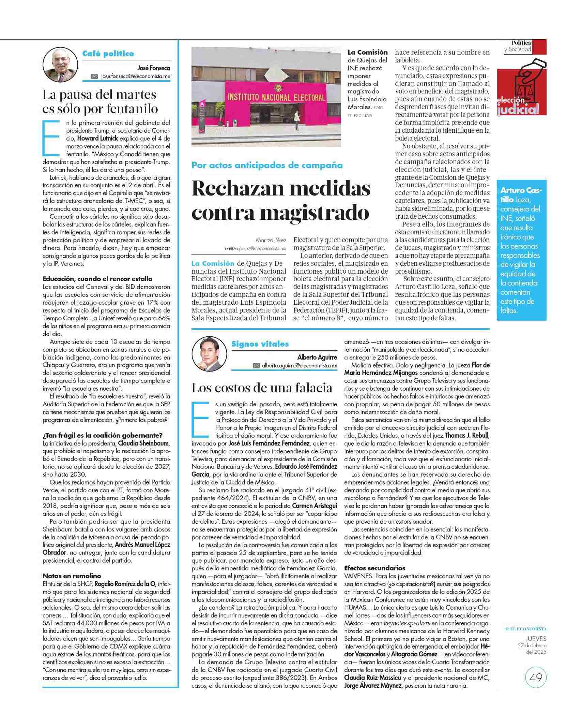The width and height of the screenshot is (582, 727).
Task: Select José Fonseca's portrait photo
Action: [58, 65]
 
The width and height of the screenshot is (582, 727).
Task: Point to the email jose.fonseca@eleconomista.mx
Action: [136, 76]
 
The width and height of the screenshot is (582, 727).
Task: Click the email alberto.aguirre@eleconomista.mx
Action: [299, 365]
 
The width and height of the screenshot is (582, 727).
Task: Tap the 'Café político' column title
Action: [108, 54]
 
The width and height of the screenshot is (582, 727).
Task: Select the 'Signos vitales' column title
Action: [260, 344]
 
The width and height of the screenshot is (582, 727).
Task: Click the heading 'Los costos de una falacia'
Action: [262, 388]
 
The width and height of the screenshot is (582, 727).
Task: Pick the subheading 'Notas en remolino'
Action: [72, 576]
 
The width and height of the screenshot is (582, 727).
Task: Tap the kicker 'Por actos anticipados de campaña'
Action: [267, 165]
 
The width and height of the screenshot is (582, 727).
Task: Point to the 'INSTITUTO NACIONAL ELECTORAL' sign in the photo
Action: [276, 98]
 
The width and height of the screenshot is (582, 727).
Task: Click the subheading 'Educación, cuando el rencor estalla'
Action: [97, 279]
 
